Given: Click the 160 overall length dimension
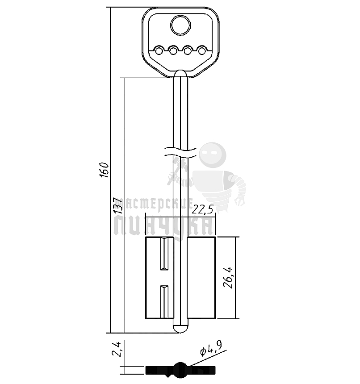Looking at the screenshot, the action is point(104,170).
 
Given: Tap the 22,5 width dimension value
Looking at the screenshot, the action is point(202,209).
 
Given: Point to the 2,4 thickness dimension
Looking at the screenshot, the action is point(117,349).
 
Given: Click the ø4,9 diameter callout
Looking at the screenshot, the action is point(211,349).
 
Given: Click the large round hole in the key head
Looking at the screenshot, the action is point(180,25).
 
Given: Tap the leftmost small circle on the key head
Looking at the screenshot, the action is point(159,51).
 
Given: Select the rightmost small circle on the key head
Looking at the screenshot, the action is point(202,51).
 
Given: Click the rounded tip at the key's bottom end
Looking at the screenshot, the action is point(180,329).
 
